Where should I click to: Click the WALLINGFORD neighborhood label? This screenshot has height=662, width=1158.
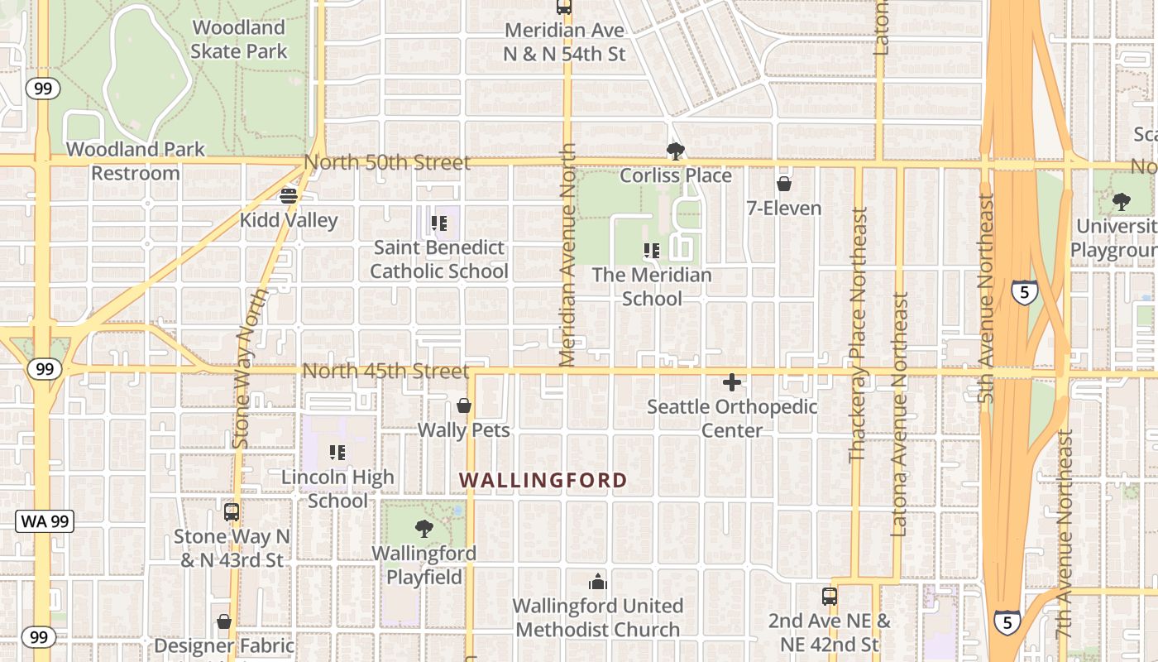543,480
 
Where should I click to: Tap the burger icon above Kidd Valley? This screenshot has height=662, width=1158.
289,196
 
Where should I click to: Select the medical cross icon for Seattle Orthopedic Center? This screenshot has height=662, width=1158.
732,382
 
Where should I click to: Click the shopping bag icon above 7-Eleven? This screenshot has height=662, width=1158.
783,184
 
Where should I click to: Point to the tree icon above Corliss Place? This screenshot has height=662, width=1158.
676,151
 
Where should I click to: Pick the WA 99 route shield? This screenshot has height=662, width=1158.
45,521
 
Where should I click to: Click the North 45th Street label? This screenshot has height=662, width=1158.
385,371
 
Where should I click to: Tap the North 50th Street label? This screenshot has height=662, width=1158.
387,162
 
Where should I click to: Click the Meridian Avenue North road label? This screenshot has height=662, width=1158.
567,255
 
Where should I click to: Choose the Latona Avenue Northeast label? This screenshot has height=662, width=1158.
900,414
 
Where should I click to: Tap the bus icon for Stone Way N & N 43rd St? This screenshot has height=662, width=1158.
232,511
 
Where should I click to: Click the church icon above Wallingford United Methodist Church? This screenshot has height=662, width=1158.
597,582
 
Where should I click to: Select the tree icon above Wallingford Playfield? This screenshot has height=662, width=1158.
424,528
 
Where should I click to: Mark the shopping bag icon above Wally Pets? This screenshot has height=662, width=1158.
464,405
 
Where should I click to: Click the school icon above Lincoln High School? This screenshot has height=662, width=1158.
337,453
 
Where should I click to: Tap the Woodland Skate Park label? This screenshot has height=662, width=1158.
239,40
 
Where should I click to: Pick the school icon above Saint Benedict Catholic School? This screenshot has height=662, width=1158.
439,223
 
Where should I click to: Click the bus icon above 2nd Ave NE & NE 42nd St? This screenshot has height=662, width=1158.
830,596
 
